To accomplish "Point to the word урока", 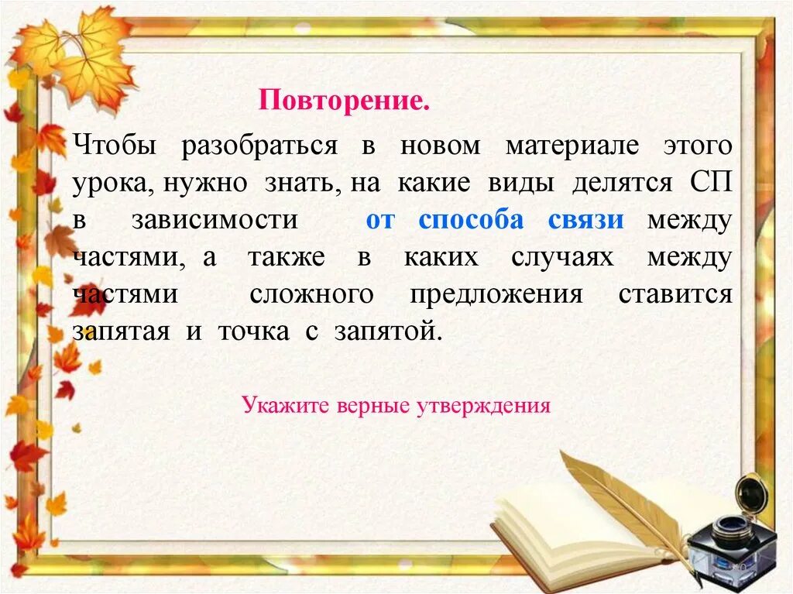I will [x=106, y=184].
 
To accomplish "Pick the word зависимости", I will [x=215, y=221].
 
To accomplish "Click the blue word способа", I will [x=471, y=221].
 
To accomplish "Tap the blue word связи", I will [x=585, y=221].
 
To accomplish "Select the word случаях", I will [x=562, y=257].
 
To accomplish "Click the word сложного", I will [x=311, y=294].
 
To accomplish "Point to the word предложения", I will [x=496, y=294].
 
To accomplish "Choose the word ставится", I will [x=675, y=294].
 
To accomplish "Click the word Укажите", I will [x=287, y=405].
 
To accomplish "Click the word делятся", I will [x=623, y=184].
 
